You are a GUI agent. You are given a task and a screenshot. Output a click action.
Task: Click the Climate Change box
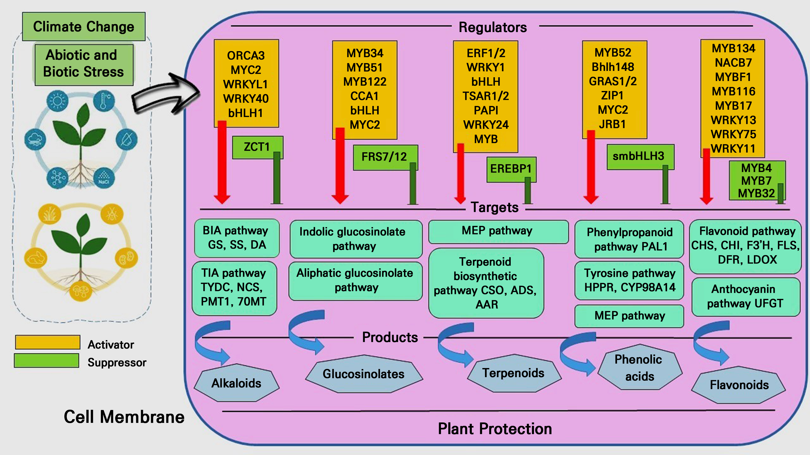coord(84,27)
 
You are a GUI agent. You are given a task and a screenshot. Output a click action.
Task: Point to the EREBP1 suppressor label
coord(511,169)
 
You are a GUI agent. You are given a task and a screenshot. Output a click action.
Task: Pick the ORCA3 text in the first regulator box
coord(246,56)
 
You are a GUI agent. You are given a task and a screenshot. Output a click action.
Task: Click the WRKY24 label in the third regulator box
coord(486,125)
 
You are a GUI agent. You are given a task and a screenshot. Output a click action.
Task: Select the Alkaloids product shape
coord(237,383)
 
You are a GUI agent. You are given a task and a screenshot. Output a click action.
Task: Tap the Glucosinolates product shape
coord(364,374)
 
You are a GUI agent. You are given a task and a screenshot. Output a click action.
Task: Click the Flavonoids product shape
coord(739,385)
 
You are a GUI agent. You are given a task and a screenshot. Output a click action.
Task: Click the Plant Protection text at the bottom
coord(495,429)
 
